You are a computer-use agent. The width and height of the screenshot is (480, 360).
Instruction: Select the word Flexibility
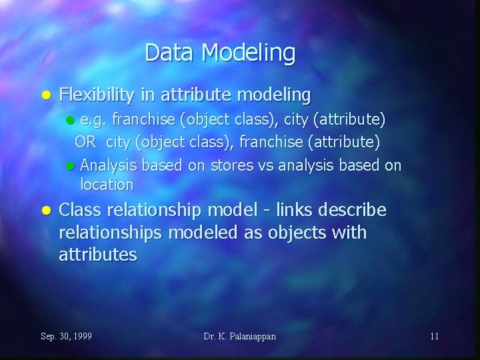[x=99, y=95]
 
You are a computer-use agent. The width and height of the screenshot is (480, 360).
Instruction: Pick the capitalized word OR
[x=85, y=141]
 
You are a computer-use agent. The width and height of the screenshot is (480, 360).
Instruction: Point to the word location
[x=107, y=184]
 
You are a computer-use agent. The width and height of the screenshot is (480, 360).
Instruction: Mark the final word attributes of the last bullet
[x=98, y=254]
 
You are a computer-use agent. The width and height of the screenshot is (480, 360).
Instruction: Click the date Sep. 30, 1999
[x=67, y=336]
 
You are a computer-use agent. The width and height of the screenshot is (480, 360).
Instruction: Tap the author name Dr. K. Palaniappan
[x=240, y=336]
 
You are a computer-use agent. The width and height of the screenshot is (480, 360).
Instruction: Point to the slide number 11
[x=434, y=336]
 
